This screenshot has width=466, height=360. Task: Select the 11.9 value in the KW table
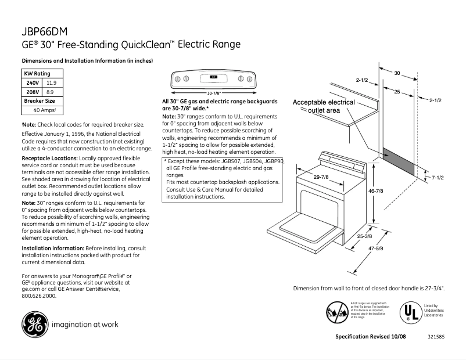[51, 83]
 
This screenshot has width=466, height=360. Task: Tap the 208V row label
[32, 92]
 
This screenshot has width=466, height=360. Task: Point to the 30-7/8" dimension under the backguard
[214, 93]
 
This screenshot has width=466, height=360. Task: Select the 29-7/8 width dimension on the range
[321, 177]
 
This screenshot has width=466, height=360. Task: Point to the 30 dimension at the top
[397, 73]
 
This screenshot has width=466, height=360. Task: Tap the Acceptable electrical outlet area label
[323, 106]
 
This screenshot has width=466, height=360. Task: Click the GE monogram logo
[35, 324]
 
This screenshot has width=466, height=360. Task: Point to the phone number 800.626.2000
[39, 296]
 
